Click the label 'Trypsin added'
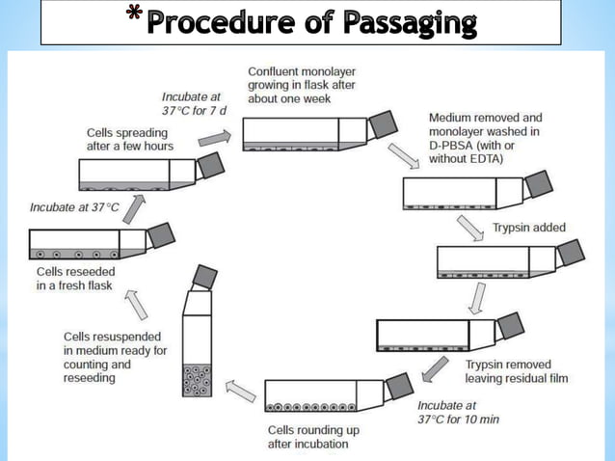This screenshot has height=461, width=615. [x=529, y=229]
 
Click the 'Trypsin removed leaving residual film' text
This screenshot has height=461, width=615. [x=516, y=371]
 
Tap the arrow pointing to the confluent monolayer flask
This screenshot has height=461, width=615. [x=213, y=138]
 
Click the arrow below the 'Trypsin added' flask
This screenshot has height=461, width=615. [x=475, y=297]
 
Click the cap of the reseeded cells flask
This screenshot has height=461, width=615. [x=161, y=235]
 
